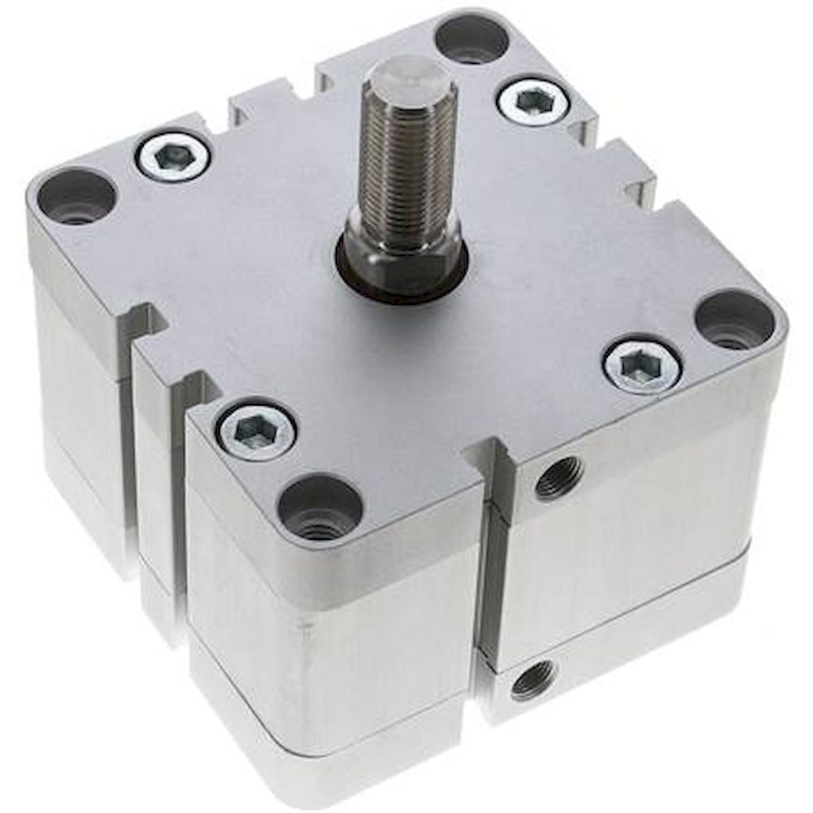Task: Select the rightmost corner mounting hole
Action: [x=735, y=320]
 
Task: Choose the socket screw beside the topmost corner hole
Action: [x=533, y=101]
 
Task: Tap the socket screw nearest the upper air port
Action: [x=642, y=368]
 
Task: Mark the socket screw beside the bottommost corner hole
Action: [x=256, y=429]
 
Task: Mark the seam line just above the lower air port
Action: [x=569, y=642]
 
